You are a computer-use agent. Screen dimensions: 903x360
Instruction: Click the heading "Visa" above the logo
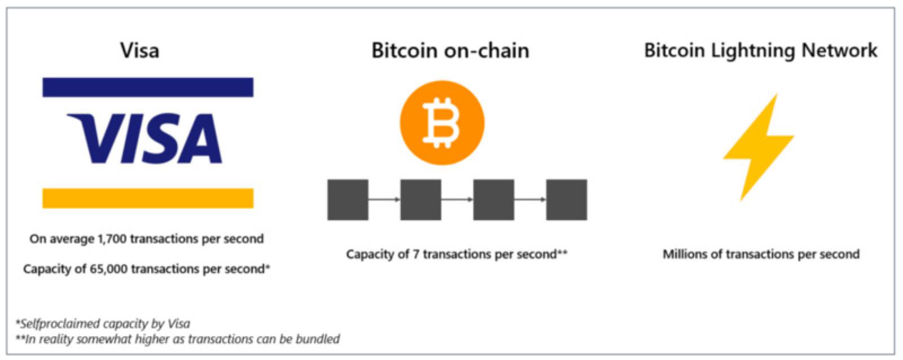[139, 50]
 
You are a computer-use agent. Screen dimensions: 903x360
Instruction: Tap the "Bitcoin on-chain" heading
[450, 50]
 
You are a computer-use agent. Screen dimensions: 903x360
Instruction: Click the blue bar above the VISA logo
[148, 87]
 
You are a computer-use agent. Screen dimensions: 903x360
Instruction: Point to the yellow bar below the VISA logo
[148, 198]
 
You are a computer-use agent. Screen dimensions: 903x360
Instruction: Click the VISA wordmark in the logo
[144, 139]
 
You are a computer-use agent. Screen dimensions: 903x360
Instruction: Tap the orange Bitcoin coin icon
[442, 123]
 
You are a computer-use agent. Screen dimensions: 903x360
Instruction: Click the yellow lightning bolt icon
[759, 147]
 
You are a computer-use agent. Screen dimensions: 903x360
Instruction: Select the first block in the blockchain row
[348, 200]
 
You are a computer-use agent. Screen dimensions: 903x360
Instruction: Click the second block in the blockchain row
[420, 200]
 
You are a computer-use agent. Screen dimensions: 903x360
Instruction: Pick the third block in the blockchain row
[493, 200]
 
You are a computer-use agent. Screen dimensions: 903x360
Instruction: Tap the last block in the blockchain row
[567, 200]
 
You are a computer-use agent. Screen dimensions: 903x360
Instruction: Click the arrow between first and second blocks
[384, 199]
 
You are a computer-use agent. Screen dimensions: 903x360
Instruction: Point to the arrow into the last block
[530, 199]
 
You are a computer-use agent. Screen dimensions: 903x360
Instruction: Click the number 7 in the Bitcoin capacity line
[415, 254]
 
